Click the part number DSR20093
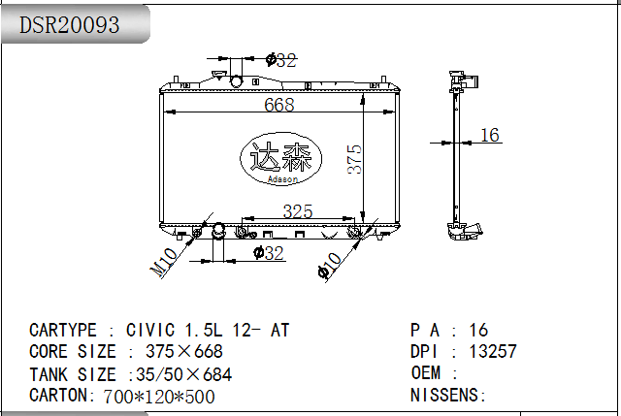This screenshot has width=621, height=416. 69,24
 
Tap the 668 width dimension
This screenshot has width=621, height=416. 279,105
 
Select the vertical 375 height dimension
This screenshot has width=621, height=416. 354,159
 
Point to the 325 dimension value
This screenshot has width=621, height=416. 298,211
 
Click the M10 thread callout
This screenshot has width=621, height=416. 164,261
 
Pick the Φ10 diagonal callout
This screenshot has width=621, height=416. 330,266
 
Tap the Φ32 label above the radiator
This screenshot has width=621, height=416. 281,60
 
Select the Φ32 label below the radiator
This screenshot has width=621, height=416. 269,253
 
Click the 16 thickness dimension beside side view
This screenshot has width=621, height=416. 490,135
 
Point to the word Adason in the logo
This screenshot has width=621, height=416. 282,179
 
